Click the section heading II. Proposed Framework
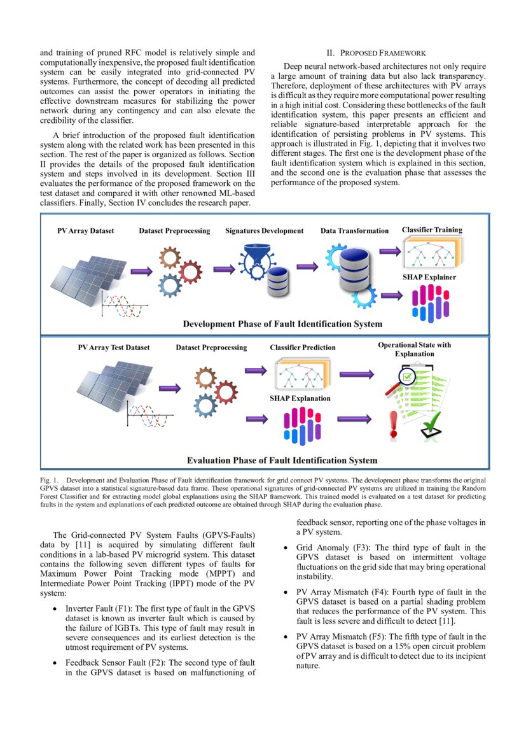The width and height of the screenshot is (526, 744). (375, 53)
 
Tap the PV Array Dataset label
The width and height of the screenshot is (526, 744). (85, 230)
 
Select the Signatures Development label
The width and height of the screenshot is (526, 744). (264, 230)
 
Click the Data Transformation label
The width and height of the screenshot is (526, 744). (354, 230)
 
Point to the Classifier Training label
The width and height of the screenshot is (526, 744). (432, 230)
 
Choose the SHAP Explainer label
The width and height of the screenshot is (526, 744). (429, 277)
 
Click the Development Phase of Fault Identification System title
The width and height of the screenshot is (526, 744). (282, 324)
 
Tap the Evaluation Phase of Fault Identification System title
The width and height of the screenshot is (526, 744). (282, 460)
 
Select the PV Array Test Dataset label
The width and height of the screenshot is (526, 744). (114, 347)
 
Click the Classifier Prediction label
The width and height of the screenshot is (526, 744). (303, 347)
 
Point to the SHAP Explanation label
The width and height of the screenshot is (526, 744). (300, 398)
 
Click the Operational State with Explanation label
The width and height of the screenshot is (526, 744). (414, 349)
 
